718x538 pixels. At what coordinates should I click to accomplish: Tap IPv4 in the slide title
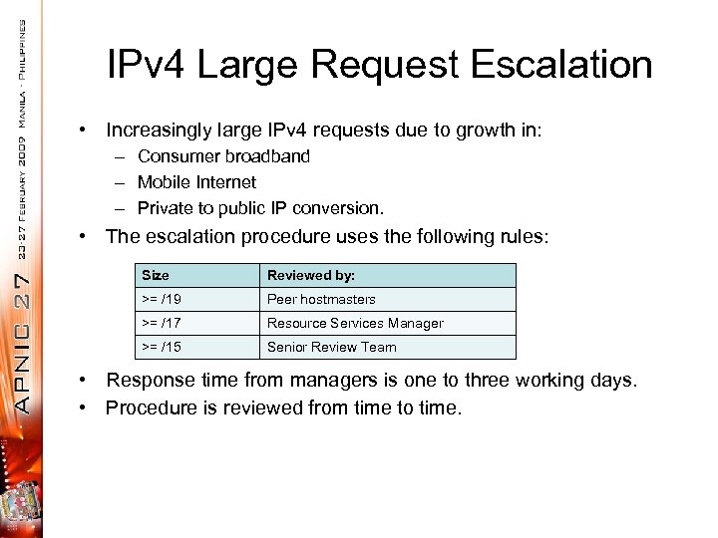tap(148, 65)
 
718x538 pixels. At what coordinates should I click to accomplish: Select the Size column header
tap(156, 275)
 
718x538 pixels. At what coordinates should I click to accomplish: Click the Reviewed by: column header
tap(310, 275)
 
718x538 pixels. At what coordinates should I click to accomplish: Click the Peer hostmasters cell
tap(321, 299)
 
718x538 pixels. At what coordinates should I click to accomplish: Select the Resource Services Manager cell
tap(355, 323)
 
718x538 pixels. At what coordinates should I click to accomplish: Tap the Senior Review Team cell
tap(331, 347)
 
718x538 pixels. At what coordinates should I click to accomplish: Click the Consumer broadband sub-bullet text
tap(223, 156)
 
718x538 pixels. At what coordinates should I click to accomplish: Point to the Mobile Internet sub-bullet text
tap(196, 182)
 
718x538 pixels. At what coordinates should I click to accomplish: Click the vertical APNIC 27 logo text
tap(23, 318)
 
